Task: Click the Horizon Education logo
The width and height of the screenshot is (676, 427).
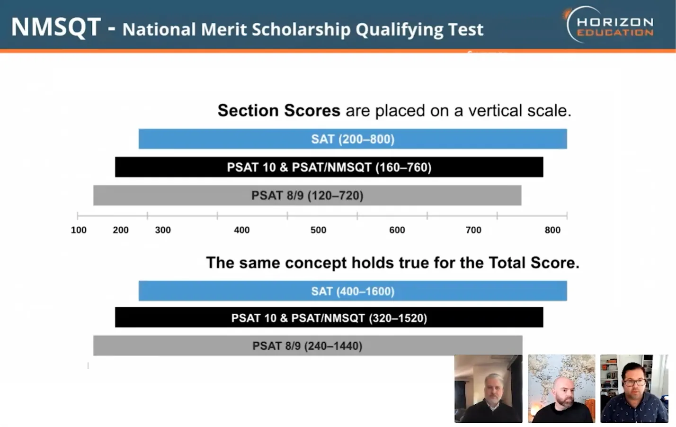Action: coord(608,25)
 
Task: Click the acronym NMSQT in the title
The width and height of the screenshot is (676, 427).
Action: coord(56,27)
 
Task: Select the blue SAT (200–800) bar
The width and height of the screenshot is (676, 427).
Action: coord(353,139)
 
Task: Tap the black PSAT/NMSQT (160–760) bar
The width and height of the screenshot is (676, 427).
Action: coord(329,167)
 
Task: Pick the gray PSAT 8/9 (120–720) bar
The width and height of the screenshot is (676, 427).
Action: coord(307,195)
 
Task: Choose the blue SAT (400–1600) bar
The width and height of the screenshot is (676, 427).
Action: coord(353,291)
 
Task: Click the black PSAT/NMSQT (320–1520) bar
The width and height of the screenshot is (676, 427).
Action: coord(329,318)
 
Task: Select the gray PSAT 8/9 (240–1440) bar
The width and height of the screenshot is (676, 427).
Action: coord(308,346)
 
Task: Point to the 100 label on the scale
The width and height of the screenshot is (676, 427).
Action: coord(79,230)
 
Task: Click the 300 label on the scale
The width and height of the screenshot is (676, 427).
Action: coord(163,230)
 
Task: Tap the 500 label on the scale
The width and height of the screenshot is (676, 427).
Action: coord(319,230)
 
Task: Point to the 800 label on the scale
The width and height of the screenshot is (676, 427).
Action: coord(552,230)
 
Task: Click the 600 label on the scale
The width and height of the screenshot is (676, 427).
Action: coord(397,230)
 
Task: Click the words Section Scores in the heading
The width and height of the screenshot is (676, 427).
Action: coord(279,110)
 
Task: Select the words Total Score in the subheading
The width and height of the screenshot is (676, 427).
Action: coord(534,263)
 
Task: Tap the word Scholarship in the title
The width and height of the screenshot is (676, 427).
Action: coord(301,29)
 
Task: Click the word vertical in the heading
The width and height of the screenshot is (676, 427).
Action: coord(495,110)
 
